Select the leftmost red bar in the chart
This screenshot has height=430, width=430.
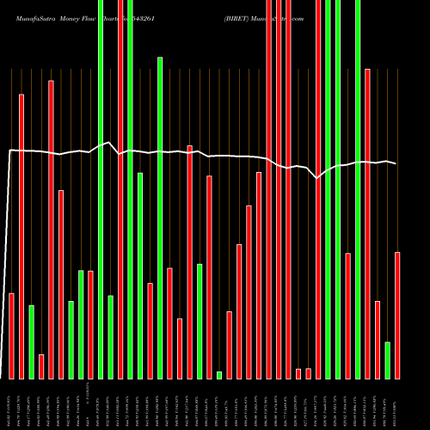[11, 335]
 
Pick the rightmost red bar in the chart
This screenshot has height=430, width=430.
[397, 315]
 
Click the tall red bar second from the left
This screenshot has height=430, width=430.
[21, 236]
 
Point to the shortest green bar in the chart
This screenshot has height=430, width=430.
[219, 375]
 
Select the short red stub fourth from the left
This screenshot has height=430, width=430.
[41, 366]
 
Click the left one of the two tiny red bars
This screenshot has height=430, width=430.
[298, 373]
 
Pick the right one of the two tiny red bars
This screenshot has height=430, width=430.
[308, 373]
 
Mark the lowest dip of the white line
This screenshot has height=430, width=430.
[317, 178]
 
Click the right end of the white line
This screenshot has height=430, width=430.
[396, 163]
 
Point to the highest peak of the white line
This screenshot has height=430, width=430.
[109, 143]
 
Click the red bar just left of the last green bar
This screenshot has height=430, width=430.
[378, 340]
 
